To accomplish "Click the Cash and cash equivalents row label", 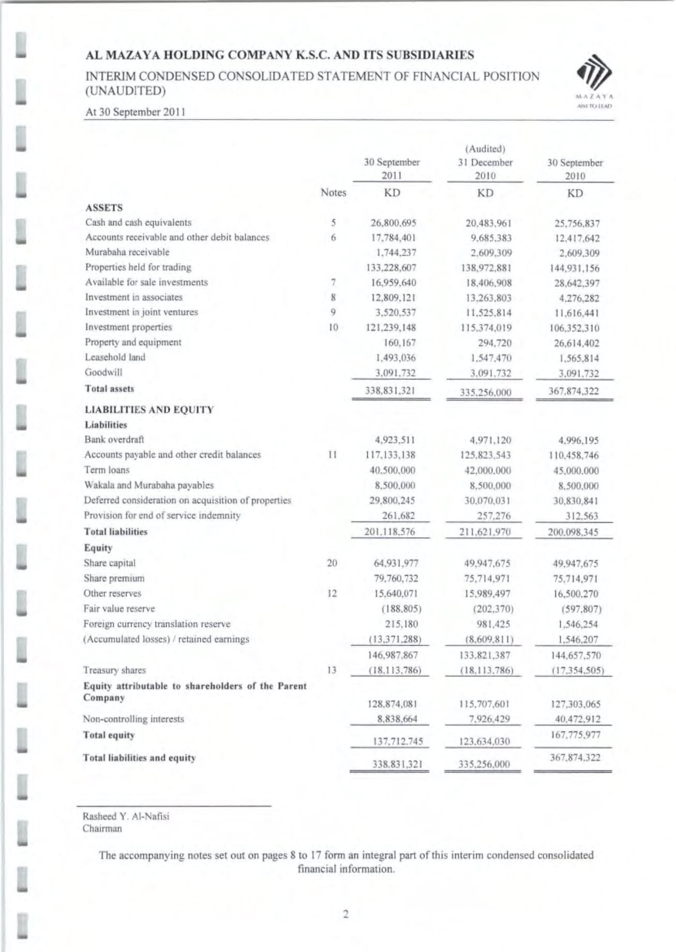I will point(138,222).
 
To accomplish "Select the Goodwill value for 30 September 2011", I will point(395,373).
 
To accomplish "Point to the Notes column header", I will point(333,193).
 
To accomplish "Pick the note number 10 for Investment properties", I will point(333,327).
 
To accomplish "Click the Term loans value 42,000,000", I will point(485,471).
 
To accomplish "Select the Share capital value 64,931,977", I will point(396,564).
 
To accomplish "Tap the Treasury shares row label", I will point(114,670).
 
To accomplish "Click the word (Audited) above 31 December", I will point(485,149).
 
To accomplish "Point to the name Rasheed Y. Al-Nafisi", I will point(126,817).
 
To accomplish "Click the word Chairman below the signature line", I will point(102,828).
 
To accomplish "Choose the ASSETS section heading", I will point(104,208).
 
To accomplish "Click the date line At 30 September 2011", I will point(136,112).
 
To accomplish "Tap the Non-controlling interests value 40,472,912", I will point(575,719).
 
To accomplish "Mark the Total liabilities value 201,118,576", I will point(390,532).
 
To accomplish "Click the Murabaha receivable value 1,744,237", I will point(396,253).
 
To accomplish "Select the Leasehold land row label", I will point(115,357).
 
